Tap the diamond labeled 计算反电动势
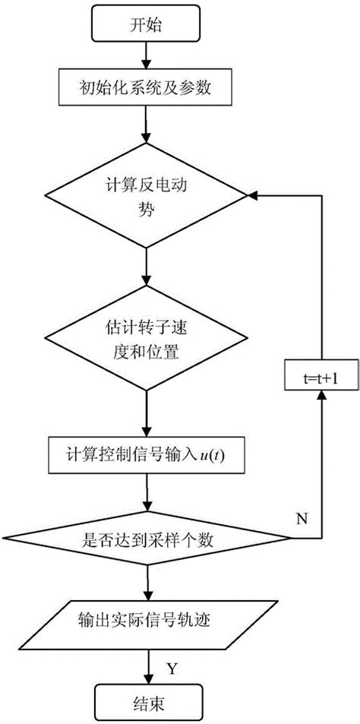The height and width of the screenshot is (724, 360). pos(144,198)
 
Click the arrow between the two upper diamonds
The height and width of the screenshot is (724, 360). pos(144,268)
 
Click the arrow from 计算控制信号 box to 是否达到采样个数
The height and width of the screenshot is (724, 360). pos(144,498)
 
